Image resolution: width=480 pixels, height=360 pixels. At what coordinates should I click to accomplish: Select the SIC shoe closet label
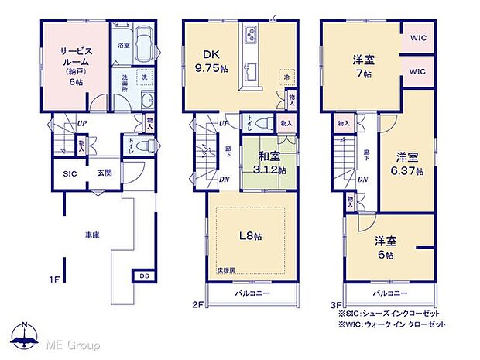coord(70,173)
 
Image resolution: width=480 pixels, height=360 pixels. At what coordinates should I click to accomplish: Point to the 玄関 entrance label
coord(104,173)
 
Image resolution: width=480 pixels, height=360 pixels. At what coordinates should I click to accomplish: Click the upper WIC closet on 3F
coord(418,36)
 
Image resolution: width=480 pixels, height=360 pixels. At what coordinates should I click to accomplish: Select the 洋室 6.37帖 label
coord(406,163)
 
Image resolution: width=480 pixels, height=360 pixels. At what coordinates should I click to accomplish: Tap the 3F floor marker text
coord(336,306)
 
